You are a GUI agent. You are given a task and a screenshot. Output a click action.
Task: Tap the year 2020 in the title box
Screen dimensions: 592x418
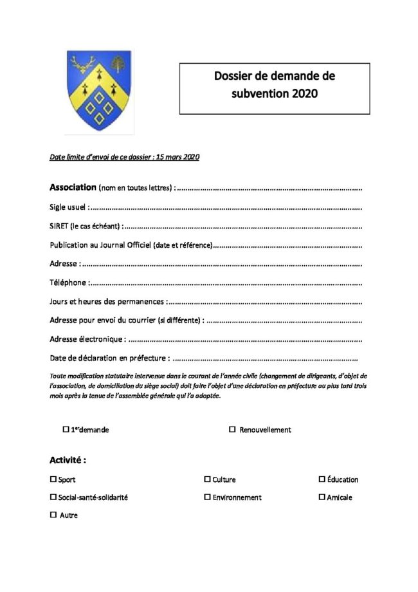305,93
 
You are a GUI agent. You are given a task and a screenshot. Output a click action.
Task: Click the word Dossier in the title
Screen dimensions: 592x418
235,76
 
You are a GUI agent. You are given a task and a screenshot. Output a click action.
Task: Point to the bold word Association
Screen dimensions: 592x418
73,188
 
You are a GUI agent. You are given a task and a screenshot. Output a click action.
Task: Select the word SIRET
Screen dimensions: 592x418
59,227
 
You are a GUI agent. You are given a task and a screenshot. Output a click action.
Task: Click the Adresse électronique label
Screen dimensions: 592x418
86,339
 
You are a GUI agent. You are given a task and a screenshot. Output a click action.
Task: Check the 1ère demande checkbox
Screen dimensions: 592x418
66,429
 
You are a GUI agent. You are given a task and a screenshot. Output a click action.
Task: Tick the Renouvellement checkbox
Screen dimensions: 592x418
232,429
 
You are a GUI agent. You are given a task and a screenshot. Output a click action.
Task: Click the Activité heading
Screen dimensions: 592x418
68,460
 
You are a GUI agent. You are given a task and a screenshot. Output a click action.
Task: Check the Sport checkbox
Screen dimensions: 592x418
53,479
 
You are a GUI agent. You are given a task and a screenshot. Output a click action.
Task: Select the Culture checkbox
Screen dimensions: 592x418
207,479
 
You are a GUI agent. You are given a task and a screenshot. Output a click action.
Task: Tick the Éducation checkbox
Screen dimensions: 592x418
322,479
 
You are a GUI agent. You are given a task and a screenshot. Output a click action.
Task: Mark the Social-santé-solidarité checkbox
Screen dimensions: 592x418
53,497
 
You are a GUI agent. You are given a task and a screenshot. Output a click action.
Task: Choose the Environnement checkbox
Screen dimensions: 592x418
207,497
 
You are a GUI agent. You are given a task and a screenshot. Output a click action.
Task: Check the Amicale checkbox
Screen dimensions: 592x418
322,497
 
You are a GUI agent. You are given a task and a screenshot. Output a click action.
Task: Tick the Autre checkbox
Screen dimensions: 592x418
53,515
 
